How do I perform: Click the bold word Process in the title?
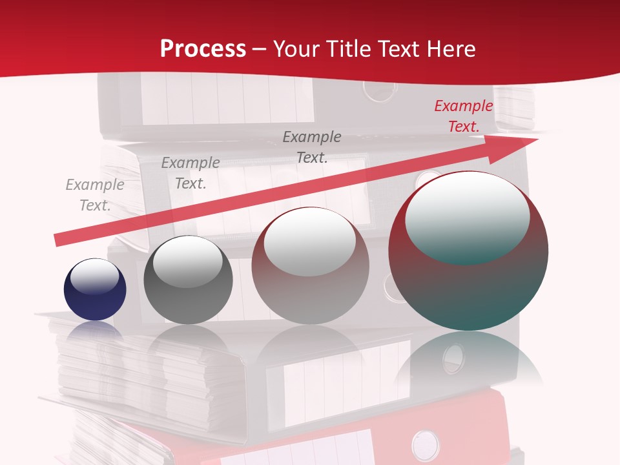point(203,49)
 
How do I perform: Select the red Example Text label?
point(463,116)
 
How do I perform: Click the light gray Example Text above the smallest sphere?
point(95,195)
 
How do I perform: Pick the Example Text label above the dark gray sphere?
point(190,173)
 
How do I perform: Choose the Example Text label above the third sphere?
point(312,147)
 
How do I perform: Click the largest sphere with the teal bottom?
point(468,284)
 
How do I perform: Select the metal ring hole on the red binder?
point(425,445)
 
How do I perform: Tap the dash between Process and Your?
point(260,49)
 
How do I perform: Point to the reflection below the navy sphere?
point(95,331)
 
